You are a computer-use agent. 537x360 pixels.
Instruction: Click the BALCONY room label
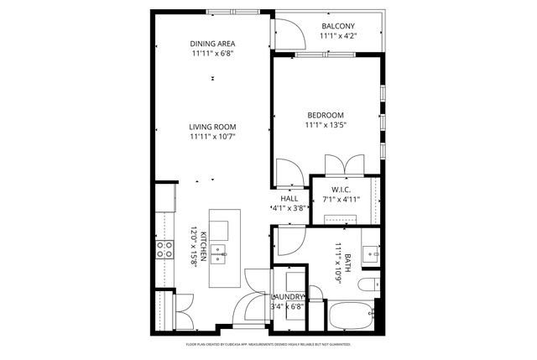click(x=338, y=27)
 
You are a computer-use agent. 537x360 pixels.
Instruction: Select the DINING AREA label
click(x=212, y=44)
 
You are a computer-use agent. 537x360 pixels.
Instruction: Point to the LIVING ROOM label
click(x=212, y=127)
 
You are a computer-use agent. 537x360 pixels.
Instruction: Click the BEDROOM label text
click(x=326, y=115)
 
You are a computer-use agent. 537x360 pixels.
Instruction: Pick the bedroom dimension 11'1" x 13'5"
click(x=326, y=125)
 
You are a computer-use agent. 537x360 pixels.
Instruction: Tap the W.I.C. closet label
click(x=340, y=190)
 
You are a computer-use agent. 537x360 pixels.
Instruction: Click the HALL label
click(x=289, y=198)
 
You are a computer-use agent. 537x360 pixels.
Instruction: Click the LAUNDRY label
click(x=288, y=297)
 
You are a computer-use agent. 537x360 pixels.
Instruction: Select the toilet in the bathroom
click(x=368, y=285)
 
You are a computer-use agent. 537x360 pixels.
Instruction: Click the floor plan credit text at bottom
click(x=268, y=345)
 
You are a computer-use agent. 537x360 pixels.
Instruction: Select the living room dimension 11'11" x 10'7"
click(x=212, y=137)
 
